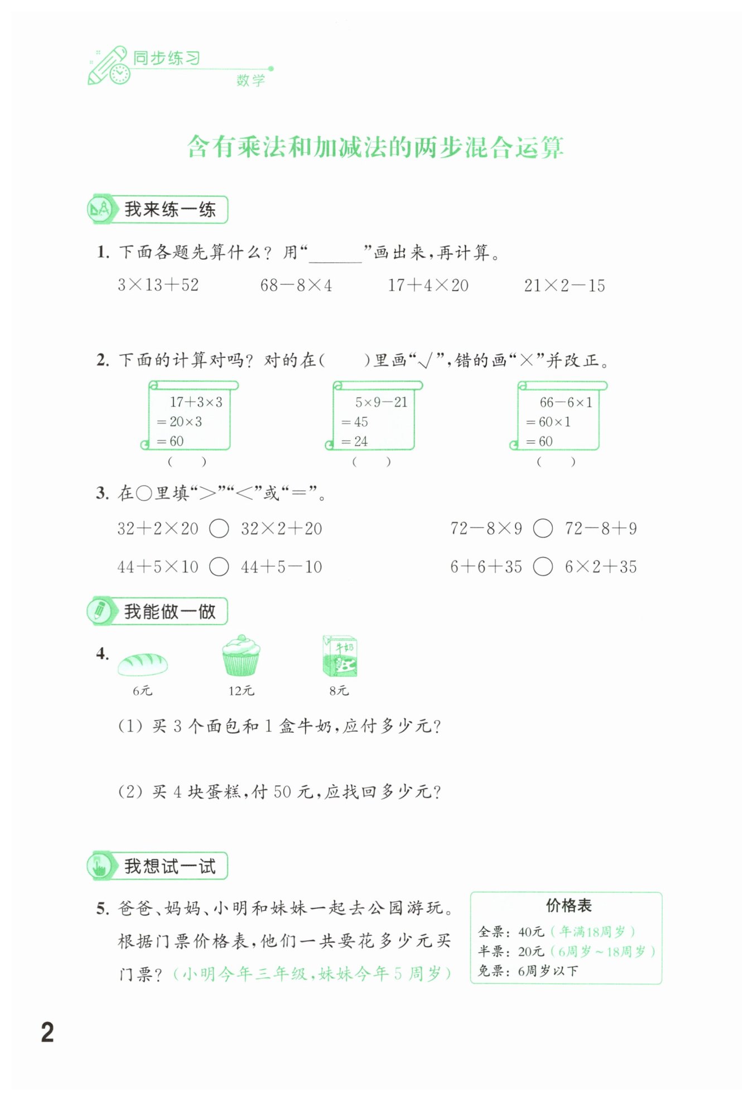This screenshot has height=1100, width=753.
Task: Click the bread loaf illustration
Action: click(142, 663)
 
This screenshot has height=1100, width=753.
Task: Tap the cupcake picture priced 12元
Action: click(240, 656)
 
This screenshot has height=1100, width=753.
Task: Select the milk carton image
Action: click(340, 656)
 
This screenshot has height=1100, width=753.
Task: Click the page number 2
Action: click(47, 1032)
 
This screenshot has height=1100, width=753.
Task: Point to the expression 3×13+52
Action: click(158, 285)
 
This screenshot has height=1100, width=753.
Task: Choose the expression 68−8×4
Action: click(296, 286)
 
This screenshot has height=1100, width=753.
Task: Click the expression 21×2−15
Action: click(564, 286)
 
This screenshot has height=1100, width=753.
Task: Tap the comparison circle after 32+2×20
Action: click(219, 528)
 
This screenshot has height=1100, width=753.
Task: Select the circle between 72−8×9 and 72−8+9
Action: click(543, 528)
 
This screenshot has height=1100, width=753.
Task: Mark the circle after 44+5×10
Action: click(219, 566)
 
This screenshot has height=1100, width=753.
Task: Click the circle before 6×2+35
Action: click(543, 566)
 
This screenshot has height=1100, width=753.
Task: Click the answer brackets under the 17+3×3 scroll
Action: click(187, 462)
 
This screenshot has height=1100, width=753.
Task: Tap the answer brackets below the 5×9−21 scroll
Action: click(371, 462)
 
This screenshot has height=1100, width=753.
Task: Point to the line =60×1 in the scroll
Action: click(549, 422)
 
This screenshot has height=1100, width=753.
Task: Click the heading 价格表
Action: click(568, 905)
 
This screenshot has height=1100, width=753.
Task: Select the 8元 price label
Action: click(339, 691)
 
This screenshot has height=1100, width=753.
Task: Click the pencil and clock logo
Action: click(108, 66)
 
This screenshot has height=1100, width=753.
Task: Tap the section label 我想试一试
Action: click(170, 866)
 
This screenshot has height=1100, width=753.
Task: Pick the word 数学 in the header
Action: click(250, 80)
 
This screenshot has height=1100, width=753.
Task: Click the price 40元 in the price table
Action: click(530, 931)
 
